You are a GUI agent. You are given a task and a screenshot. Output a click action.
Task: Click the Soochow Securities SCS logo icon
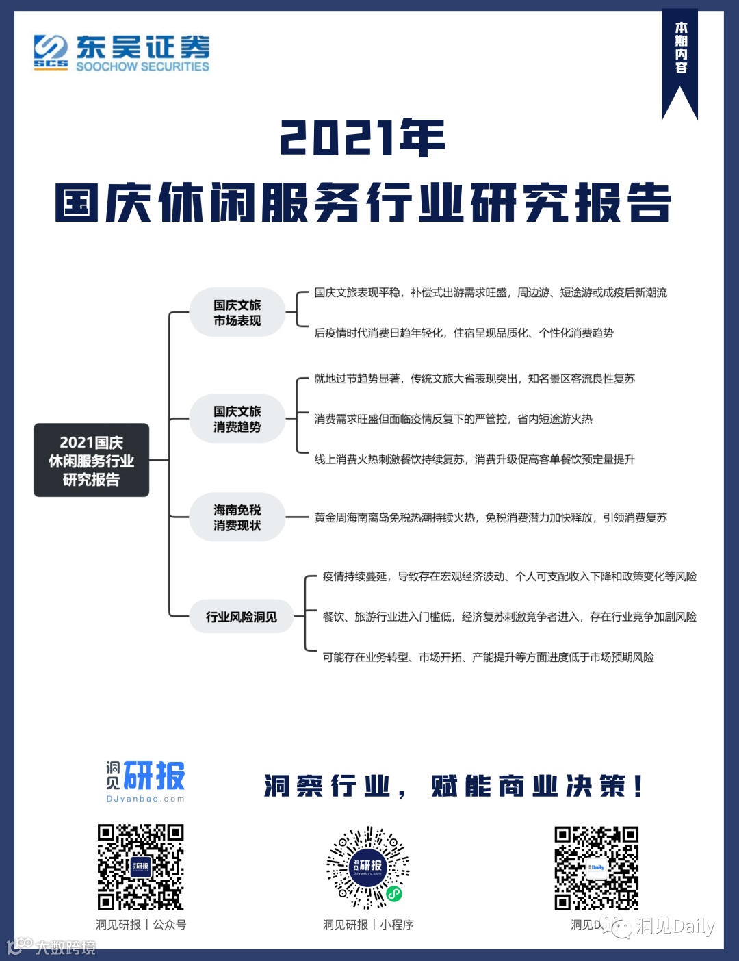coord(51,52)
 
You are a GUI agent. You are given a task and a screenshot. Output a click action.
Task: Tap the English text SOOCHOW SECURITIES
coord(142,66)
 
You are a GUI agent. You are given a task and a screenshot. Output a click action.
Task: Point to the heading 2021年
coord(363,138)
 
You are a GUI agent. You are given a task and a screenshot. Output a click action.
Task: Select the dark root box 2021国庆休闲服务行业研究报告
coord(91,461)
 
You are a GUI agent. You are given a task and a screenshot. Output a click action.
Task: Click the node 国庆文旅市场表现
coord(237,313)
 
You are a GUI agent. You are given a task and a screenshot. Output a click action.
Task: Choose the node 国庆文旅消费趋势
coord(237,419)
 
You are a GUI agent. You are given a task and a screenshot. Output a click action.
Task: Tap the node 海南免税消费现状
coord(237,517)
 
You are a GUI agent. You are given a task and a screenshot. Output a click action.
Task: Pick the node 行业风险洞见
coord(241,617)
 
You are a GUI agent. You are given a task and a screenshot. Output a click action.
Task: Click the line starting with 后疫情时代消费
coord(463,333)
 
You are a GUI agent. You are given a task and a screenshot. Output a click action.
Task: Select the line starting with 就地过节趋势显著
coord(474,379)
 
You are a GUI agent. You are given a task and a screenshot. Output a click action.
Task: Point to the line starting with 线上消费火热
coord(474,459)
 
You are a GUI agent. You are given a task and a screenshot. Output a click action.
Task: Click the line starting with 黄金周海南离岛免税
coord(490,517)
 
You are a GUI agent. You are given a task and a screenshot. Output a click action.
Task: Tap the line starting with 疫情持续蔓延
coord(509,576)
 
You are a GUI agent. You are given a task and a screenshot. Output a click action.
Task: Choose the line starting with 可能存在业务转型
coord(488,657)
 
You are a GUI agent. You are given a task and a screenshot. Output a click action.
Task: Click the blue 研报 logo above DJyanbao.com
coord(154,776)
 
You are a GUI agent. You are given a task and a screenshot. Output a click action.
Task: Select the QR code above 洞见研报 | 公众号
coord(140,867)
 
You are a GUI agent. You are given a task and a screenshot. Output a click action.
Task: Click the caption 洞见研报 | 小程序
coord(368,925)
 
